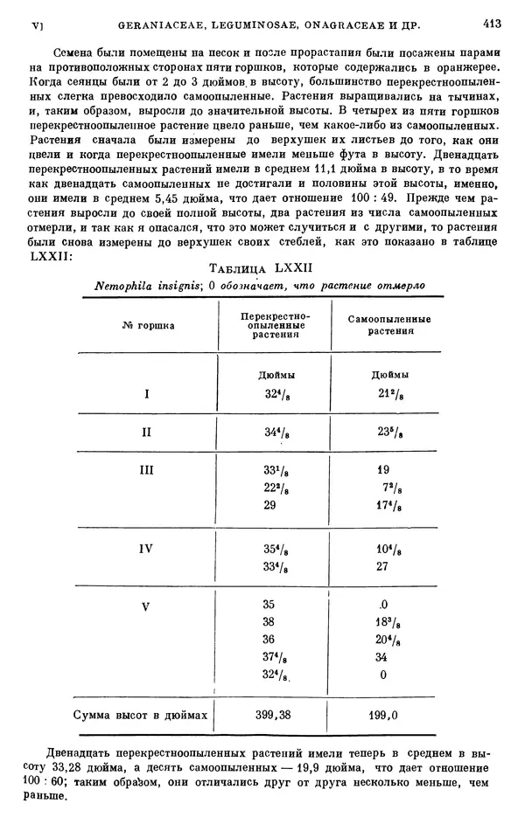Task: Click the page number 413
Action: coord(491,25)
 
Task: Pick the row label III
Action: coord(147,470)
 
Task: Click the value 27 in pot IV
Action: coord(382,566)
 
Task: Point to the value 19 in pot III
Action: coord(382,469)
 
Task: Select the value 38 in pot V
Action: coord(269,621)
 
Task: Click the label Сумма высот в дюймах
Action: coord(140,715)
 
